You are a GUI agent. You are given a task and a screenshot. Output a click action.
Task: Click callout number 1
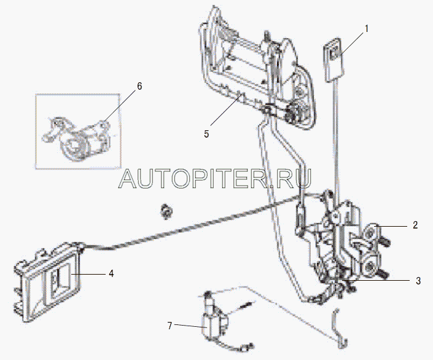[367, 29]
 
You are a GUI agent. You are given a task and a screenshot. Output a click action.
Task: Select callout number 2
[415, 225]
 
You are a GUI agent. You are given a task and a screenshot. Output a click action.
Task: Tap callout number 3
[418, 281]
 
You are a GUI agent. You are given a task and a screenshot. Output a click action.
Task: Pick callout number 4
[111, 274]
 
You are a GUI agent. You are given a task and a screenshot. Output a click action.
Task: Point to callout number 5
[206, 134]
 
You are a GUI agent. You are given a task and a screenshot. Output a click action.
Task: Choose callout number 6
[139, 87]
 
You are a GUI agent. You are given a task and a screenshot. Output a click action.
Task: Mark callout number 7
[170, 326]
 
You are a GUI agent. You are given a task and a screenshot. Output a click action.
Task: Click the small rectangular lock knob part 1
[334, 60]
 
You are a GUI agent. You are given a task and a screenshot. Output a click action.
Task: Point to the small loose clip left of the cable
[166, 211]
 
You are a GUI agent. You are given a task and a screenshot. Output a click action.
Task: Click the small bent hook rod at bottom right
[340, 328]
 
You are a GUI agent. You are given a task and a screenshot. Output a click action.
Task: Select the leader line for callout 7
[190, 326]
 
